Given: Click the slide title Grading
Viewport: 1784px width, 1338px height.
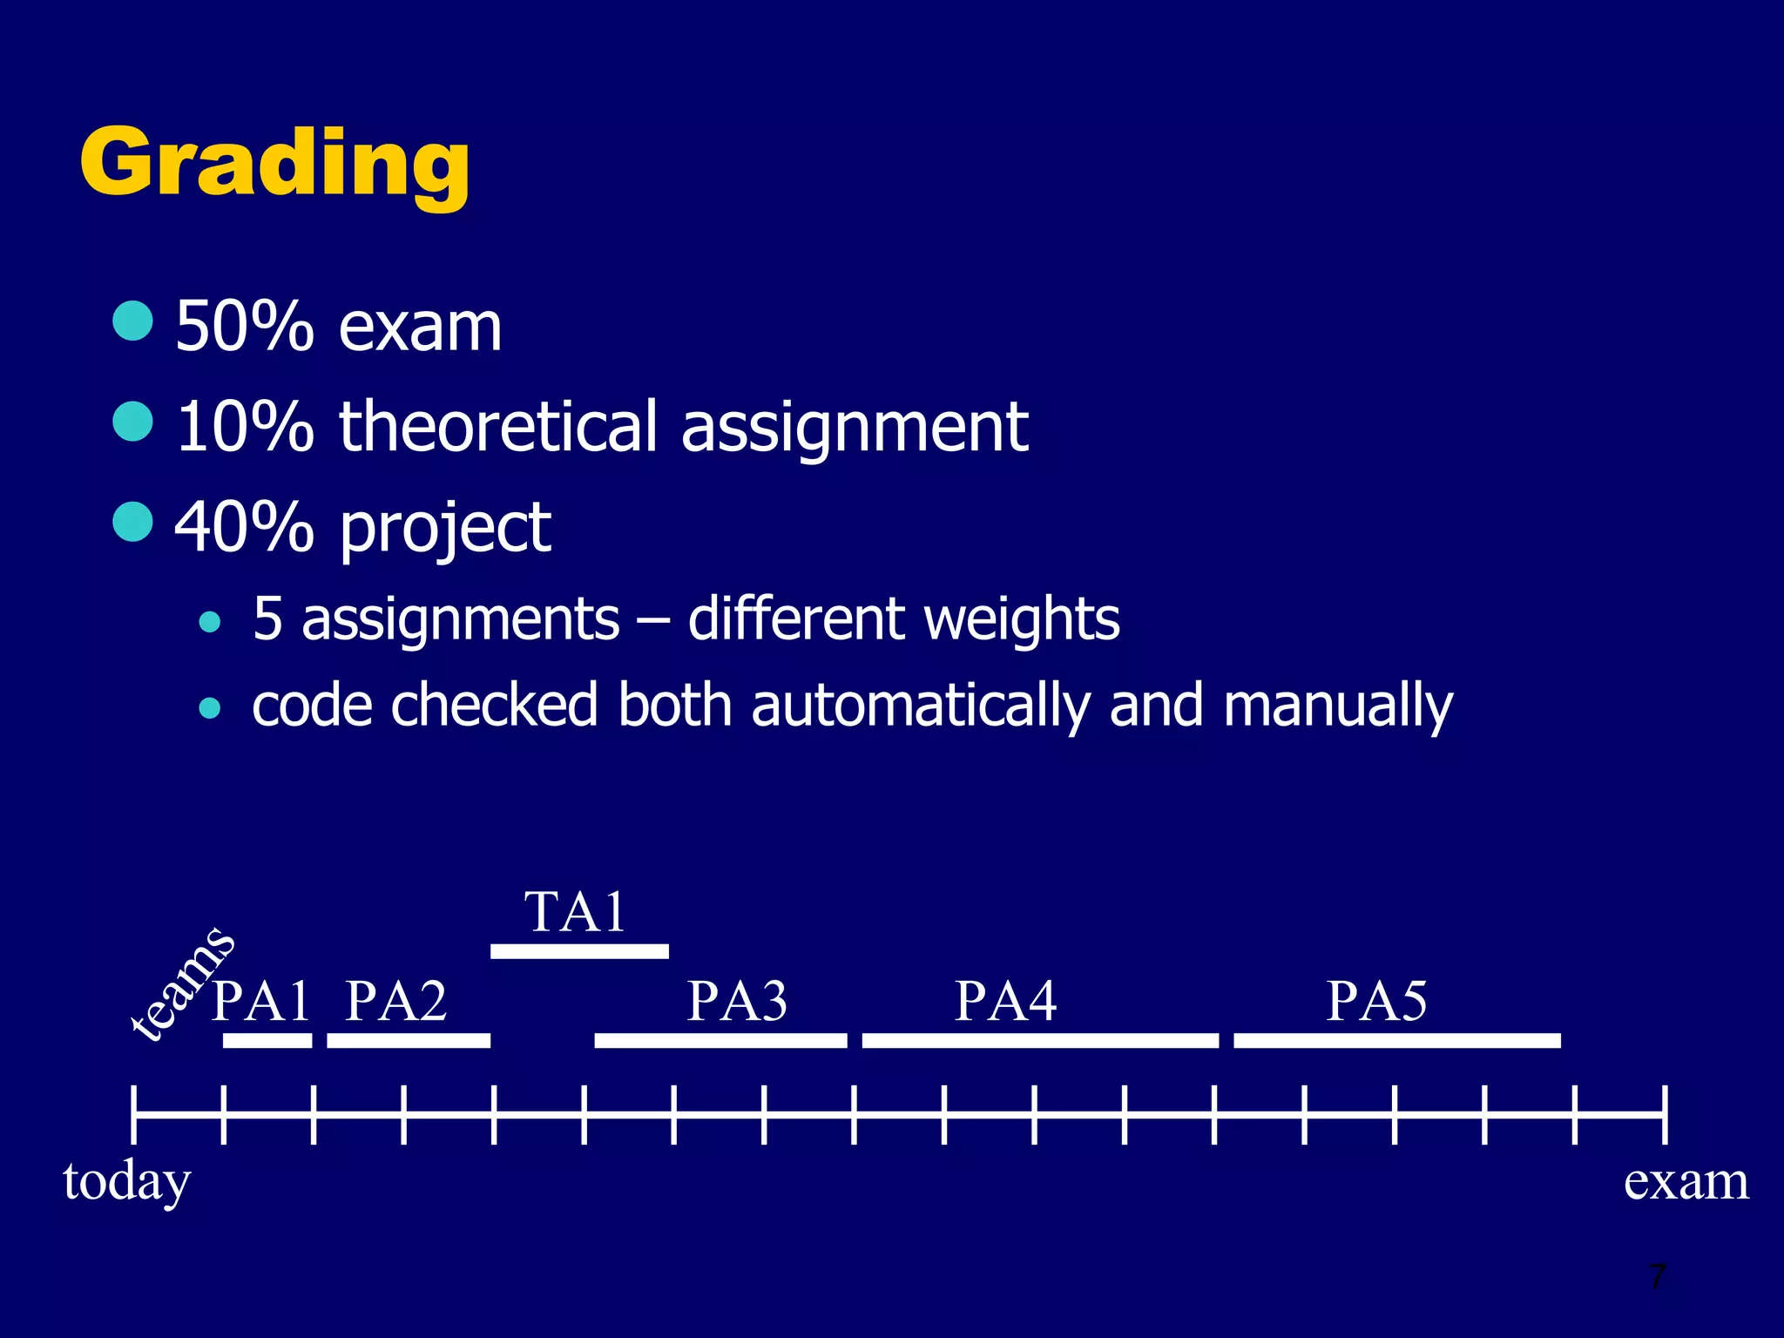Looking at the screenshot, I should (274, 164).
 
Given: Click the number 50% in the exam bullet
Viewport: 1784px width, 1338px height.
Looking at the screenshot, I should (244, 327).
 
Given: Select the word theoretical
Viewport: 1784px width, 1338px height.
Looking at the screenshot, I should (497, 427).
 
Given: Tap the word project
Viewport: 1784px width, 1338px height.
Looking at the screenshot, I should (445, 528).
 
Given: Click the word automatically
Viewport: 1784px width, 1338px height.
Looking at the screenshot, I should (921, 706).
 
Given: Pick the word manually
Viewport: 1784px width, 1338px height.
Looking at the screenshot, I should (1337, 706).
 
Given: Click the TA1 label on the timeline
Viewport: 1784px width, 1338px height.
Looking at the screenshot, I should (576, 912).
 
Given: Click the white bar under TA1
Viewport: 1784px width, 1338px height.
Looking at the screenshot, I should (579, 951).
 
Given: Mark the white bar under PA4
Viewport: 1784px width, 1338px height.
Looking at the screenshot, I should (1040, 1040).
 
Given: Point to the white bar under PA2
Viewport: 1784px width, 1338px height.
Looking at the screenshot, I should (409, 1040).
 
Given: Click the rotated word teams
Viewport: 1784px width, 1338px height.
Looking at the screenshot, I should (181, 983).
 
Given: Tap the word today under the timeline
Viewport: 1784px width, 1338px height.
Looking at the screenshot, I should (127, 1182).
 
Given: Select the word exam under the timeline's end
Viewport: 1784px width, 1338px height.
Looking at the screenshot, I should (1686, 1182).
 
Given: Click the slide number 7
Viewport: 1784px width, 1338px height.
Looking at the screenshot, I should (1657, 1277).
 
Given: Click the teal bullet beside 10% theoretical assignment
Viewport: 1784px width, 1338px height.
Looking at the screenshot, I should (133, 422).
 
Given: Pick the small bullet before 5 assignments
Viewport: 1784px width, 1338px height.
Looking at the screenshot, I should (209, 622).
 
